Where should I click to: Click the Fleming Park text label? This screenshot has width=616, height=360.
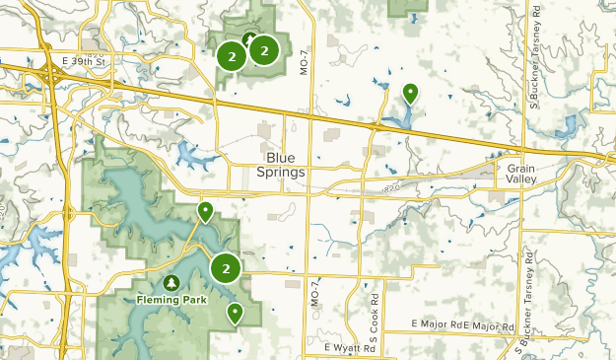click(173, 298)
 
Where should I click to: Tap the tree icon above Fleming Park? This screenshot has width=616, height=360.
click(173, 282)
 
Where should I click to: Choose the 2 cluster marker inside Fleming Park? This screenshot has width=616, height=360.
click(227, 267)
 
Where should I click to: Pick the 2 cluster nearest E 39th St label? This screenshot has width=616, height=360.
click(232, 56)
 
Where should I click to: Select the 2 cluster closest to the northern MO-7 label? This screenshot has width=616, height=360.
click(264, 49)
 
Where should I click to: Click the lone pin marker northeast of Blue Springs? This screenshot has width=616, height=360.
click(410, 93)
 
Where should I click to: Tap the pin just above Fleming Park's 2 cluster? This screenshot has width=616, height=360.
click(205, 210)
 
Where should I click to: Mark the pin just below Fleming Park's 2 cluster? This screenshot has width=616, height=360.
click(235, 313)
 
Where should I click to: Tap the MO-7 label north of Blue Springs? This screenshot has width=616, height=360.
click(302, 62)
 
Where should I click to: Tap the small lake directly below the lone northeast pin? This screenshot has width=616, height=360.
click(399, 120)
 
